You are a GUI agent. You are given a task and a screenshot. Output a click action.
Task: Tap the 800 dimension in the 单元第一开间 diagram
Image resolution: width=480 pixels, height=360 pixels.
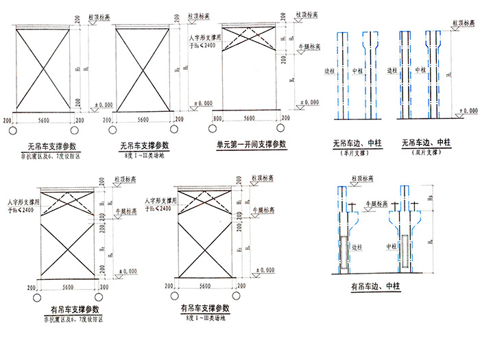point(217,119)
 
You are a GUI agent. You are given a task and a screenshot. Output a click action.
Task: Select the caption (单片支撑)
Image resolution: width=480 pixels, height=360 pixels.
point(356,154)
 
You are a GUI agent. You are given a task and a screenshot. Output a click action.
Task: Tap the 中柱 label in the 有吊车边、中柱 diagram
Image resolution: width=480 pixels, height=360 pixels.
point(393,246)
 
